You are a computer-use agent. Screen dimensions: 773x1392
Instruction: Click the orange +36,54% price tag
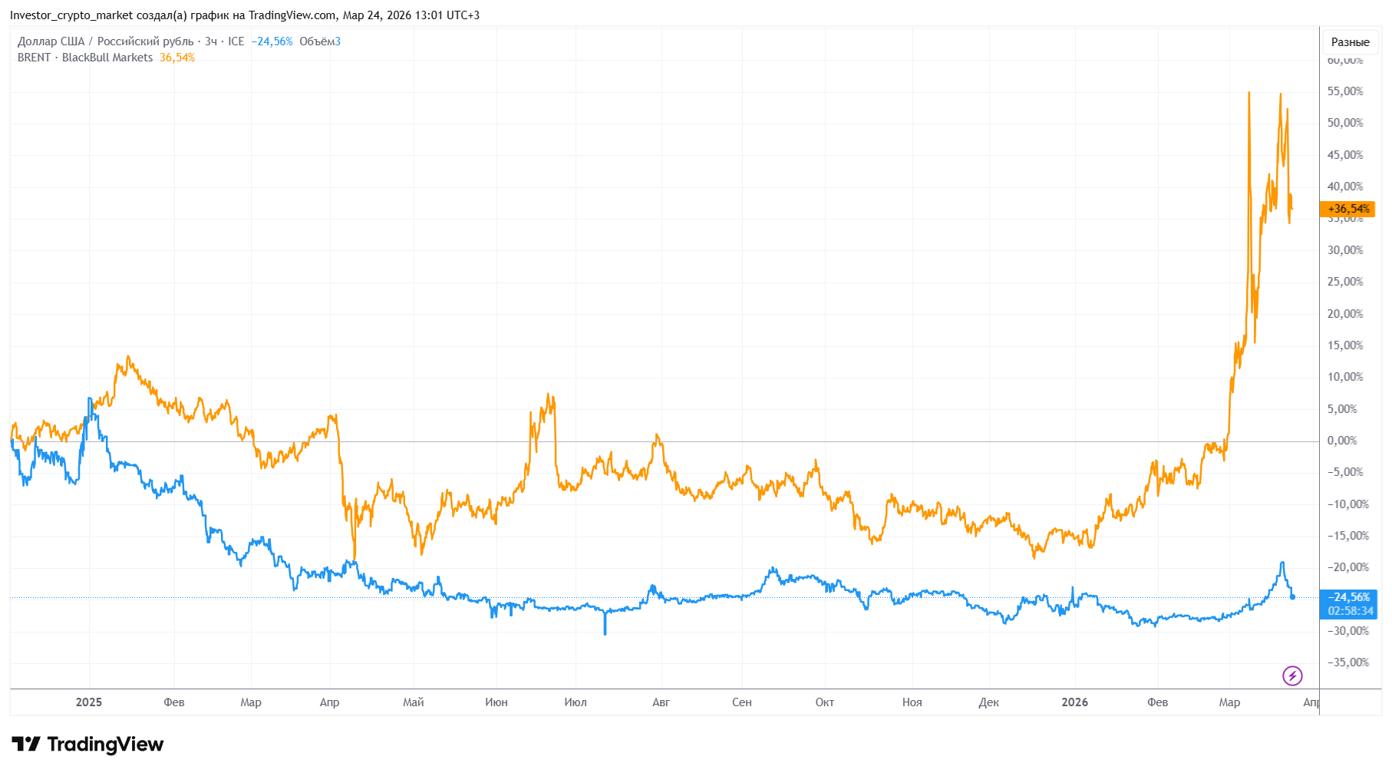tap(1347, 209)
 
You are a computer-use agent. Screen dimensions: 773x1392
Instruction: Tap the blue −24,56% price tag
tap(1348, 597)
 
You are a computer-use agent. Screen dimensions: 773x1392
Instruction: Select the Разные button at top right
tap(1350, 42)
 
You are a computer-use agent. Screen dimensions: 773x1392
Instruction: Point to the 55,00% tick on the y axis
tap(1344, 91)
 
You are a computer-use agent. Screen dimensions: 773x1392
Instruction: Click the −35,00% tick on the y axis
tap(1347, 662)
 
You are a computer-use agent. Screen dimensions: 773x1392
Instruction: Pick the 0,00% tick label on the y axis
tap(1342, 441)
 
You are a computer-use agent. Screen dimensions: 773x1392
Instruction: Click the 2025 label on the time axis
tap(89, 702)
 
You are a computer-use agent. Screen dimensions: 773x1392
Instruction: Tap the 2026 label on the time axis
tap(1074, 702)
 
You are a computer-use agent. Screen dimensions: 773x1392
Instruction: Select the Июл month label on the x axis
tap(575, 702)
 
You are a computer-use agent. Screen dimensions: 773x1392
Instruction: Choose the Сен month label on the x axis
tap(741, 702)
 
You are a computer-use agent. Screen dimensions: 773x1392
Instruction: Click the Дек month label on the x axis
tap(988, 702)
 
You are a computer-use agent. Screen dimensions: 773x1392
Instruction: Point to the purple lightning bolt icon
tap(1292, 676)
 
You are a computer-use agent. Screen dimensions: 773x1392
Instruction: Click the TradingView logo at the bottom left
tap(87, 744)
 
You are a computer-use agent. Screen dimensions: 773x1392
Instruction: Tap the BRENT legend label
tap(34, 58)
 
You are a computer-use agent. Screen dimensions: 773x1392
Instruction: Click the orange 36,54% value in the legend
tap(176, 58)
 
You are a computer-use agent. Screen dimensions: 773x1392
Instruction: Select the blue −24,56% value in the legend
tap(272, 41)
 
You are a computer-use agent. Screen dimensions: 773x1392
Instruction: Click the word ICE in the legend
tap(236, 41)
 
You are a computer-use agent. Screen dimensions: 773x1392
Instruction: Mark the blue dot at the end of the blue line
tap(1292, 596)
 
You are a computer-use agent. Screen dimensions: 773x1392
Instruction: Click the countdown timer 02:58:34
tap(1350, 611)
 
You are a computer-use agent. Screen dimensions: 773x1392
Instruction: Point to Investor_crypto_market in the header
tap(71, 15)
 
